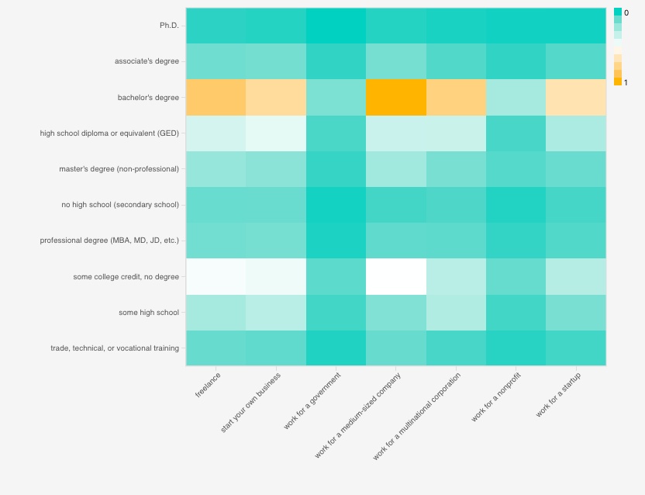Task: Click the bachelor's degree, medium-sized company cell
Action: click(396, 98)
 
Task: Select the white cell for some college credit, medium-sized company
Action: click(396, 276)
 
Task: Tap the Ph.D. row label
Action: click(169, 26)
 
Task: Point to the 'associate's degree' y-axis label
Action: click(147, 61)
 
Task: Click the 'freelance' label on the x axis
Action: click(209, 385)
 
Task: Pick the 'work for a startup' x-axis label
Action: click(559, 394)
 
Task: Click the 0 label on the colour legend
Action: click(626, 13)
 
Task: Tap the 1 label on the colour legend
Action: click(626, 82)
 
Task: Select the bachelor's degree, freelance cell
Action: click(216, 98)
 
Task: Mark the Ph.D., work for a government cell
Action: click(336, 26)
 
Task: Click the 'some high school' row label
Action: click(148, 313)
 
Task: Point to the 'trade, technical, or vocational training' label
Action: click(115, 348)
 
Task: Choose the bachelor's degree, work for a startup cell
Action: click(576, 98)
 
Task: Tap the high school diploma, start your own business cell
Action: click(277, 133)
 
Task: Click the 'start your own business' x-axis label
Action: click(251, 402)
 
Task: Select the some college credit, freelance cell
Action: click(216, 276)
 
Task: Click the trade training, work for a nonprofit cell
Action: click(516, 348)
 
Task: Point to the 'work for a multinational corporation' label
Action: click(417, 416)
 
